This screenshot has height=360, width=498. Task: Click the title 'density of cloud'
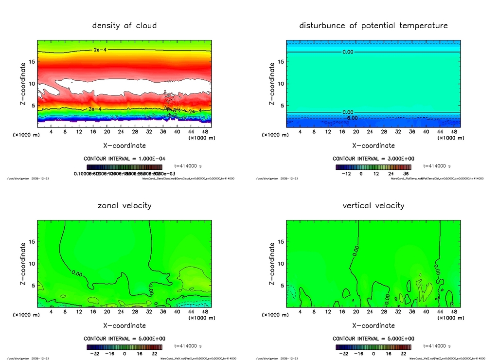click(124, 25)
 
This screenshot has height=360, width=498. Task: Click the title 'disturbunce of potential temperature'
click(373, 25)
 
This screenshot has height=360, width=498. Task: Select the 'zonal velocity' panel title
click(124, 206)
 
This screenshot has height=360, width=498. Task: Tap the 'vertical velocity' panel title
click(373, 206)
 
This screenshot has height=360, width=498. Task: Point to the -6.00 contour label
click(352, 118)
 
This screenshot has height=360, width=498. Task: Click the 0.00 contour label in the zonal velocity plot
click(77, 273)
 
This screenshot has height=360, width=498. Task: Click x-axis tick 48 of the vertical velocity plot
click(453, 311)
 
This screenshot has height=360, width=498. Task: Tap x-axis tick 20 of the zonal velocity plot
click(107, 311)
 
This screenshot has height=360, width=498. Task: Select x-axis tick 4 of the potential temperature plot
click(300, 131)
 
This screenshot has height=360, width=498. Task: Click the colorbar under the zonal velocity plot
click(124, 347)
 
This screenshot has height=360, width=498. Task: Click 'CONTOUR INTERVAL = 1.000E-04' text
click(124, 159)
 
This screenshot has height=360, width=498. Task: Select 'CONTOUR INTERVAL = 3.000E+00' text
click(373, 159)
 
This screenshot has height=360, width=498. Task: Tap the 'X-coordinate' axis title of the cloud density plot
click(124, 145)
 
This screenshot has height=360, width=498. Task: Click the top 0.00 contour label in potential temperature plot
click(348, 52)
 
